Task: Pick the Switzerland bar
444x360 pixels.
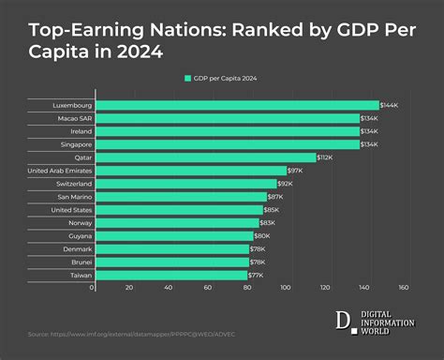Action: click(185, 184)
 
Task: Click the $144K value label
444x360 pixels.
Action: click(393, 106)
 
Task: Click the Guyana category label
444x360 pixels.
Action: click(80, 236)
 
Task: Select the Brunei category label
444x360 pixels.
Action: click(81, 262)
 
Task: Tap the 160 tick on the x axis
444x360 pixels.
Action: click(404, 288)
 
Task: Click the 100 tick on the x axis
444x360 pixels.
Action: click(288, 288)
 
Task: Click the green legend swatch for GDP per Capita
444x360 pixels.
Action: click(188, 79)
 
